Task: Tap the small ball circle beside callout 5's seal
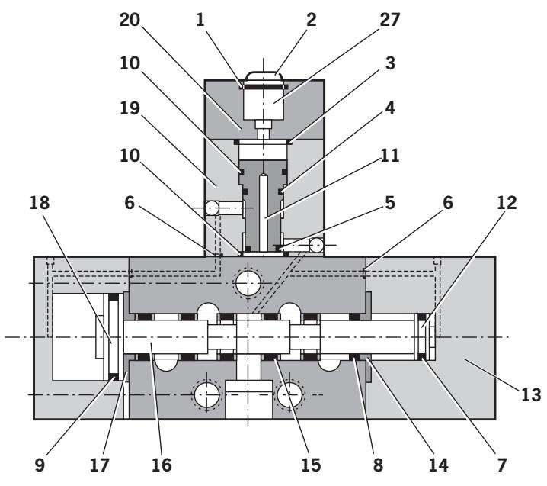(x=315, y=244)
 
